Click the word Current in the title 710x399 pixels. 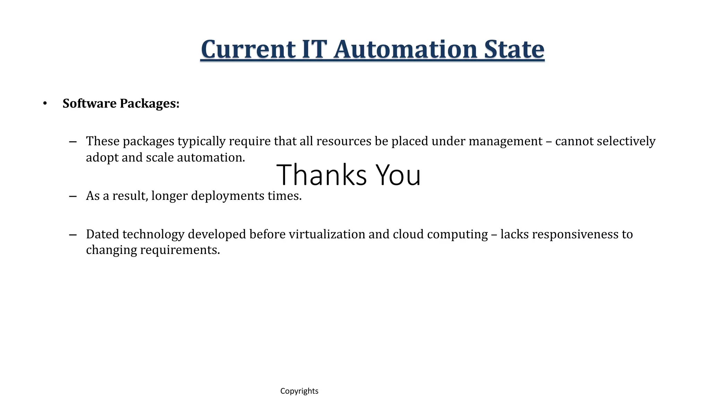(248, 50)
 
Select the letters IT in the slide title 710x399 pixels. (314, 50)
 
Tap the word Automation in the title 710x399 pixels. (405, 50)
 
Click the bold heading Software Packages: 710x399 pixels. (121, 104)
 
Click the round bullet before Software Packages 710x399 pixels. (45, 103)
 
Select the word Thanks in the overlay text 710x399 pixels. (321, 175)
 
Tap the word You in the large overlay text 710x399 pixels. (398, 175)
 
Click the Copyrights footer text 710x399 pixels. (299, 391)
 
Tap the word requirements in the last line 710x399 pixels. (180, 250)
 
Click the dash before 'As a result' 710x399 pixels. (73, 196)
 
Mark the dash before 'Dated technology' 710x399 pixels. (73, 235)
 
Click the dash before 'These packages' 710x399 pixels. (73, 142)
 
